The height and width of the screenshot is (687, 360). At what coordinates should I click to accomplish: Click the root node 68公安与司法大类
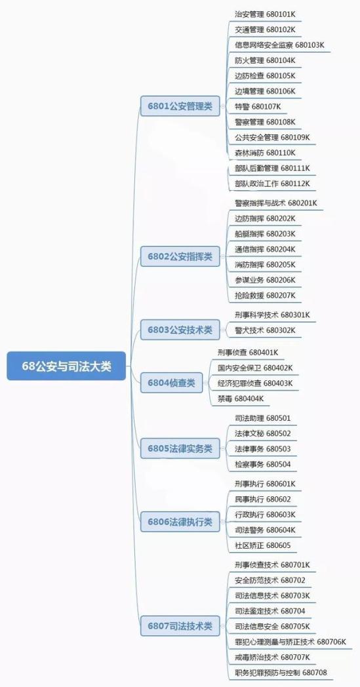(x=66, y=366)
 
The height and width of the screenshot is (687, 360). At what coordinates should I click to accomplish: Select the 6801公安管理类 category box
(x=180, y=106)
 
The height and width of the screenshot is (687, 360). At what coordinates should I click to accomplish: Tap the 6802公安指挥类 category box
(x=180, y=256)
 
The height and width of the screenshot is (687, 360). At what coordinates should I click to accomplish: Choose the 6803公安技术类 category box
(x=180, y=330)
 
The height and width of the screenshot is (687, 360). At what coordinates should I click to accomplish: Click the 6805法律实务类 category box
(x=180, y=448)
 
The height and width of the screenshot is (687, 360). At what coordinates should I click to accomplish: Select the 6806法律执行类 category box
(x=180, y=522)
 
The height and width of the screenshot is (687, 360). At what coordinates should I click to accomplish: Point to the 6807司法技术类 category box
(x=180, y=626)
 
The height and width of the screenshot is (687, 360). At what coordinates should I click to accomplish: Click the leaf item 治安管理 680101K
(x=265, y=14)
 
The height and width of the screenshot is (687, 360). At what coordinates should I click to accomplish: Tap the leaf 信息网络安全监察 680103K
(x=279, y=45)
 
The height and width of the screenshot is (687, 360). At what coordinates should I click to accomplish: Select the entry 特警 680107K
(x=258, y=106)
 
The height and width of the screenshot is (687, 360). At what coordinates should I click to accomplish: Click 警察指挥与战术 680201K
(x=276, y=203)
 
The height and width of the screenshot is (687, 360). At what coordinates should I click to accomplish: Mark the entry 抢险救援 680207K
(x=265, y=295)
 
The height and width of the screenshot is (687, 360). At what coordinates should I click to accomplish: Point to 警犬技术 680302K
(x=265, y=330)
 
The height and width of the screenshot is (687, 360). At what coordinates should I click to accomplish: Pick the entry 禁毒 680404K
(x=240, y=399)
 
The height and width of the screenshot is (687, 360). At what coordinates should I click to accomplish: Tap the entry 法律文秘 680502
(x=263, y=433)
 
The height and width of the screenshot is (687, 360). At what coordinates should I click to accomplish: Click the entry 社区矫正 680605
(x=263, y=545)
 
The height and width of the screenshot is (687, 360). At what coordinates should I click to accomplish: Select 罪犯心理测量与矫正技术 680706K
(x=290, y=642)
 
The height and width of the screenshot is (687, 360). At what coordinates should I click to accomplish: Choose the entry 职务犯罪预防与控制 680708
(x=281, y=673)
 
